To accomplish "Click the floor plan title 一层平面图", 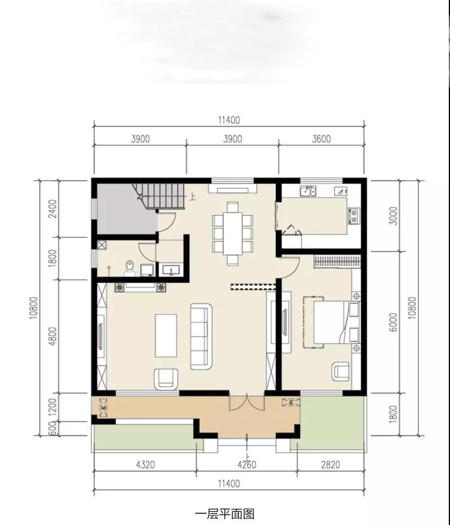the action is [224, 514].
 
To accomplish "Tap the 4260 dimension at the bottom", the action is [247, 465].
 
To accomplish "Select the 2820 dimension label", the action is [330, 465].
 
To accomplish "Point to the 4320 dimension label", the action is [145, 465].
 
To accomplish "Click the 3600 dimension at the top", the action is [321, 139].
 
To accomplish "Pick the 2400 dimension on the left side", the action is [53, 209].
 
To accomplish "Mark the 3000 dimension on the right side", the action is [394, 216].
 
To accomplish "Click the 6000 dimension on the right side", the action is [394, 322].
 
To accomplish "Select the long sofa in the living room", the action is [201, 336].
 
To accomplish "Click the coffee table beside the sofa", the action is [166, 335].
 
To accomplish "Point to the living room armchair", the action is [166, 379].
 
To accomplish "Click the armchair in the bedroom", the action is [341, 372].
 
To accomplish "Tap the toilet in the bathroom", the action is [130, 268].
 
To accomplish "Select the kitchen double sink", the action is [308, 191].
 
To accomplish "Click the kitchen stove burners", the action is [354, 216].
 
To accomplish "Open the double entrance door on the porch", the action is [247, 403].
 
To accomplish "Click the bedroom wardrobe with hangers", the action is [337, 262].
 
